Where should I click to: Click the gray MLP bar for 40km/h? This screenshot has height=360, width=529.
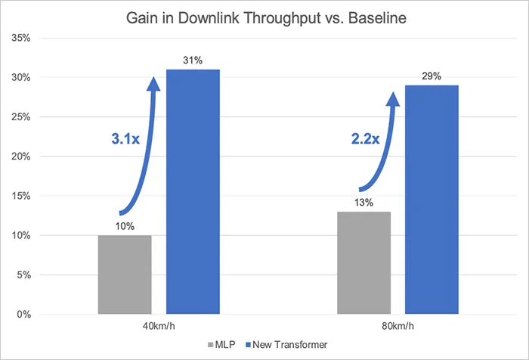(x=125, y=275)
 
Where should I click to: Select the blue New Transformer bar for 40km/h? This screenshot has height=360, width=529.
(x=193, y=192)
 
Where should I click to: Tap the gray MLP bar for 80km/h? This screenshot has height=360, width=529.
(x=364, y=262)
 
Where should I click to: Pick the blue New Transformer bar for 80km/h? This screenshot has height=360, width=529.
(x=432, y=200)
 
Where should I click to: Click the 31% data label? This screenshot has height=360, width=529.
(x=193, y=61)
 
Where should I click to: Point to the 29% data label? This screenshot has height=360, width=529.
(x=432, y=76)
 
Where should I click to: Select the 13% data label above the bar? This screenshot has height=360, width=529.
(x=363, y=203)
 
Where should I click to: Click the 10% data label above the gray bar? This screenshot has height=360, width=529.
(x=125, y=226)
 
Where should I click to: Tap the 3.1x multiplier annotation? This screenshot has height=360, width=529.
(x=125, y=139)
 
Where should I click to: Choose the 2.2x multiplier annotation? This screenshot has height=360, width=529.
(x=365, y=139)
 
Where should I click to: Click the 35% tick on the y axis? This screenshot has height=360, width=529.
(x=21, y=38)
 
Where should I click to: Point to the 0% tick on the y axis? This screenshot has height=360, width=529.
(x=24, y=315)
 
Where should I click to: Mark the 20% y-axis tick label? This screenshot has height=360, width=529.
(x=21, y=157)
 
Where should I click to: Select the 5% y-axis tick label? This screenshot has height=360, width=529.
(x=24, y=275)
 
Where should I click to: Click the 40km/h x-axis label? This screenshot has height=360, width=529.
(x=159, y=326)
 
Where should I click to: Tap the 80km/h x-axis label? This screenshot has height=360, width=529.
(x=398, y=326)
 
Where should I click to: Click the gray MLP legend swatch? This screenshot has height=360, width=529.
(x=211, y=345)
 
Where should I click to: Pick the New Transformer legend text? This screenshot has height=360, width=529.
(x=289, y=345)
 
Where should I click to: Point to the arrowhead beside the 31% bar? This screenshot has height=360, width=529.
(x=154, y=84)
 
